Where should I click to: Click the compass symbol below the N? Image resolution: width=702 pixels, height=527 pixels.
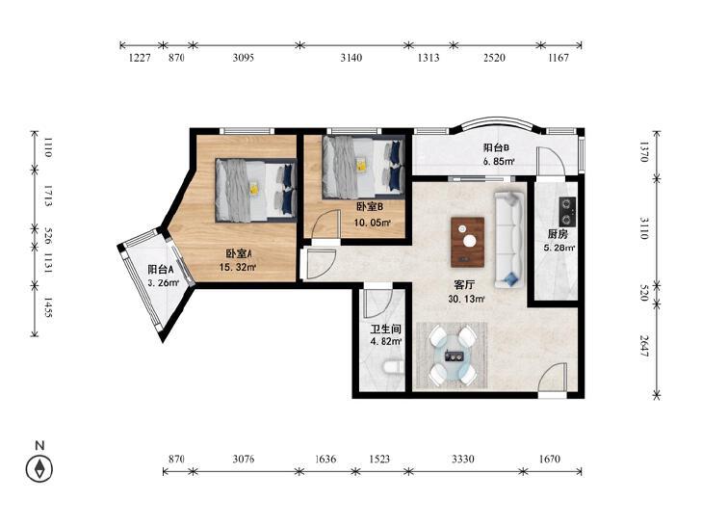39,469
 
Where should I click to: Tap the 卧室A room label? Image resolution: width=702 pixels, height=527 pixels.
238,254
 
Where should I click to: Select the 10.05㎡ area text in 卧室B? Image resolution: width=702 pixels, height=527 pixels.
372,223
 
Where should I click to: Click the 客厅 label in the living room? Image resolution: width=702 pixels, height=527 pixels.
464,285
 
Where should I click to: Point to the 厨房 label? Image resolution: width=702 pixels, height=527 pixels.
558,234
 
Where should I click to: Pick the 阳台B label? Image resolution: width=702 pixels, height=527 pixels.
497,148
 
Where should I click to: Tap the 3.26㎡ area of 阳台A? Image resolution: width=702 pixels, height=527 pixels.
164,282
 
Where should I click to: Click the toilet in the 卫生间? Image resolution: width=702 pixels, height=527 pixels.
394,368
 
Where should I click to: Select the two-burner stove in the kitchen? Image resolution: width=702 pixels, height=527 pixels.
567,211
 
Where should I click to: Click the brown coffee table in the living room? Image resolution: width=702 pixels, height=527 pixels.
467,242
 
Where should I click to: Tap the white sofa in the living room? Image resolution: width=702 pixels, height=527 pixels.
509,240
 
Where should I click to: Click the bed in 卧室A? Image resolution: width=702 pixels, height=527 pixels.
256,190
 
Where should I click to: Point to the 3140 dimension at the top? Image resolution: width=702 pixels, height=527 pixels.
351,58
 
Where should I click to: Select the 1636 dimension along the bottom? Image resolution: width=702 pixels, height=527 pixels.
325,459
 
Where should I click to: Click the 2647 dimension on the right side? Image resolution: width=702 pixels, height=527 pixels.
644,346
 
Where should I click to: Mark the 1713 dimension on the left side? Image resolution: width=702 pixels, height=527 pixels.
48,197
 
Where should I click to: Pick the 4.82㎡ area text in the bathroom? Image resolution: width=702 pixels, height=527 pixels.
386,341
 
